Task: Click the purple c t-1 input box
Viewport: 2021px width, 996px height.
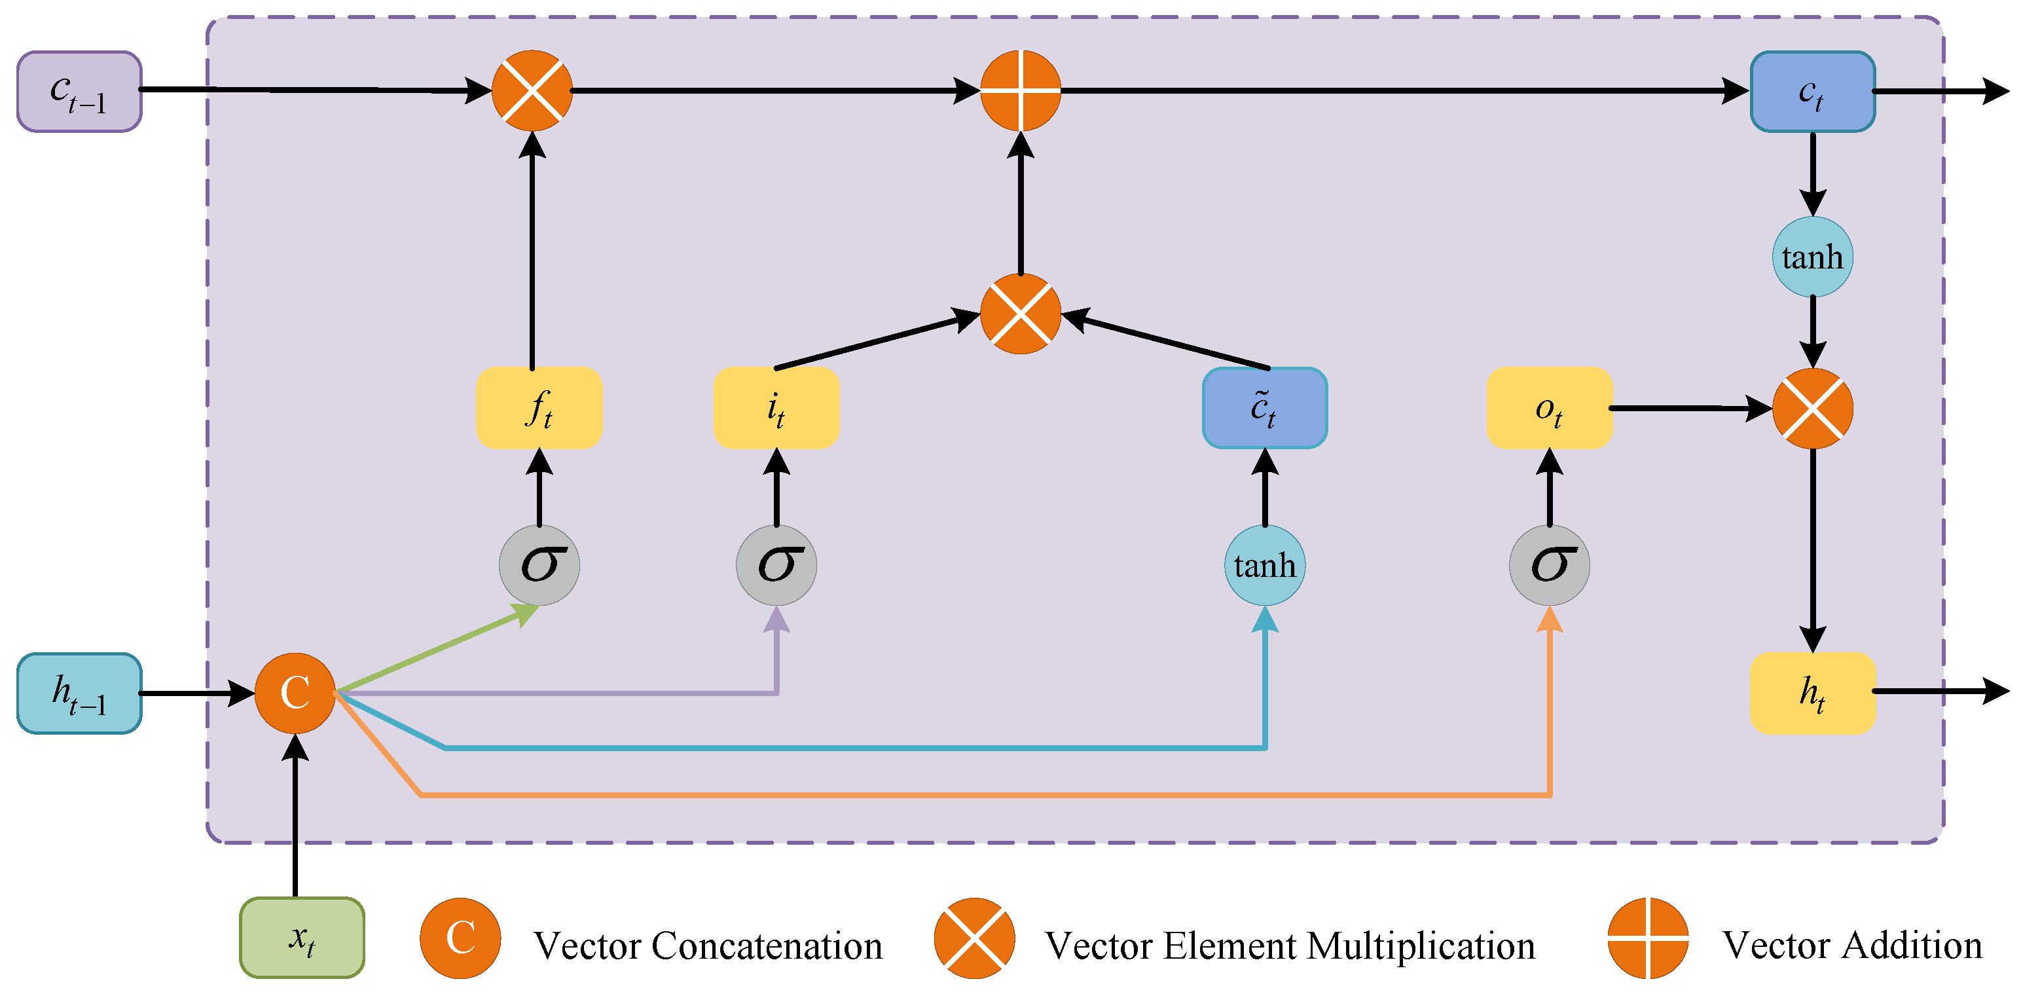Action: coord(79,92)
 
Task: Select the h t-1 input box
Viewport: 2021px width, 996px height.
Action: coord(79,693)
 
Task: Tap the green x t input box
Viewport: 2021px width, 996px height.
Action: coord(302,937)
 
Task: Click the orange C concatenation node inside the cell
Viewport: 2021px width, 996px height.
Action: coord(295,693)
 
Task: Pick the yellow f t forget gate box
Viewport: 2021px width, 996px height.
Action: coord(539,408)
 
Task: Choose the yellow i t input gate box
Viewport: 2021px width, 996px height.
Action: coord(776,408)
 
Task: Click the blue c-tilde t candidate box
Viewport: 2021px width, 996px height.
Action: coord(1264,408)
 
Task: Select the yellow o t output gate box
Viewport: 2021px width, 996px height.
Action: coord(1549,408)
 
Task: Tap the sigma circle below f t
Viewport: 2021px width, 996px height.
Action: coord(539,565)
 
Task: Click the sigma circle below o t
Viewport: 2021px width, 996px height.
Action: coord(1549,565)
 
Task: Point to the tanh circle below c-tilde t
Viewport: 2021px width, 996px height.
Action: coord(1264,565)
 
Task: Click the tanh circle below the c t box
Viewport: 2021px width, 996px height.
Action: coord(1812,257)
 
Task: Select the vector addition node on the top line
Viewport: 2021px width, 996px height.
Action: coord(1020,91)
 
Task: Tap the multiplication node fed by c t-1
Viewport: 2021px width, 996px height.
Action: coord(532,91)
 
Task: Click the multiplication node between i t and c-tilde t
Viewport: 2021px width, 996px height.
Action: coord(1020,314)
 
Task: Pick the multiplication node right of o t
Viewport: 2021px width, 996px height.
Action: coord(1812,408)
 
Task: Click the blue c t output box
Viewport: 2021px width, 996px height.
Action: coord(1812,92)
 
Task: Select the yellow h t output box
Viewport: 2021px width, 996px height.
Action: coord(1812,693)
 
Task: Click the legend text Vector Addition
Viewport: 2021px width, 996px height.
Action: coord(1851,945)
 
